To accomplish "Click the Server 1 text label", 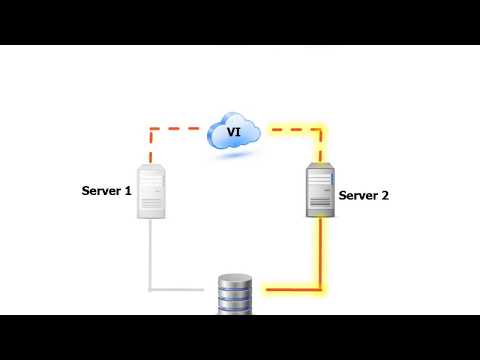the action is coord(107,188).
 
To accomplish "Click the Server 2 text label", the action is coord(364,196).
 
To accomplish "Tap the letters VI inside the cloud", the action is coord(233,131).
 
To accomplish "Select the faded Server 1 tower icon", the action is coord(151,191).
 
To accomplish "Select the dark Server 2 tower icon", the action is coord(320,192).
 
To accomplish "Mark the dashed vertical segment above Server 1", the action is coord(151,146).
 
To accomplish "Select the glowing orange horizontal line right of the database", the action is coord(292,290).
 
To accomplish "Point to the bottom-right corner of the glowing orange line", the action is coord(321,290).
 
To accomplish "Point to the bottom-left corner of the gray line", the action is coord(151,290).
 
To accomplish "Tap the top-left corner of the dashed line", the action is coord(151,129).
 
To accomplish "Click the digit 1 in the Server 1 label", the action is coord(128,188).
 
